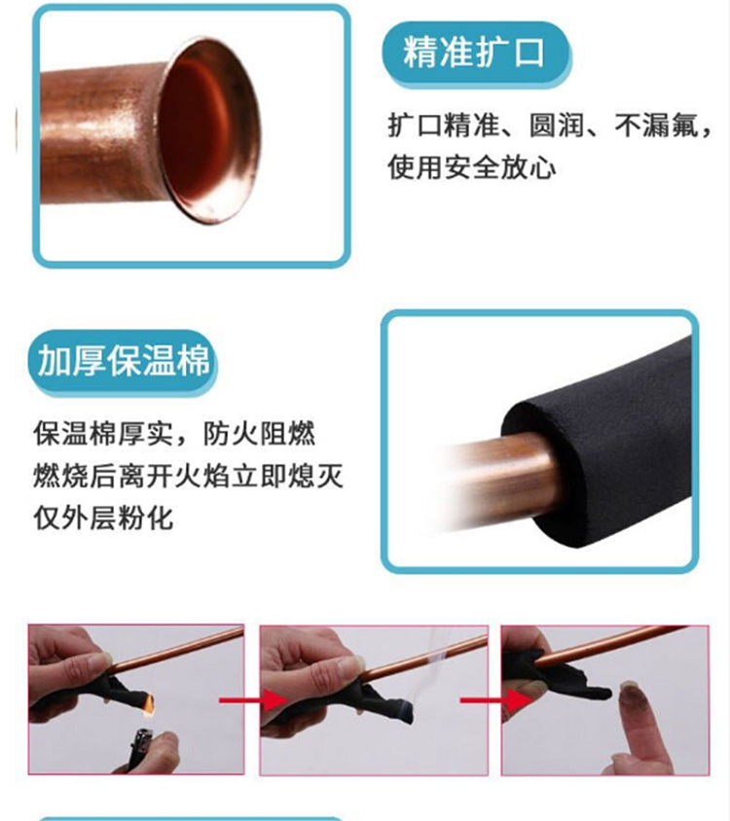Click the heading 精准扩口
[x=474, y=53]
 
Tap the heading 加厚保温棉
[x=124, y=360]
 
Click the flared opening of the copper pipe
[x=209, y=131]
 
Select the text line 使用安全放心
[x=472, y=167]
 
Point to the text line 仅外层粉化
[x=103, y=518]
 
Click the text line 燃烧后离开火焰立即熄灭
[x=188, y=476]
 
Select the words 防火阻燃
[x=260, y=434]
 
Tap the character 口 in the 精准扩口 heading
[x=529, y=53]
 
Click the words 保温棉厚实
[x=103, y=434]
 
